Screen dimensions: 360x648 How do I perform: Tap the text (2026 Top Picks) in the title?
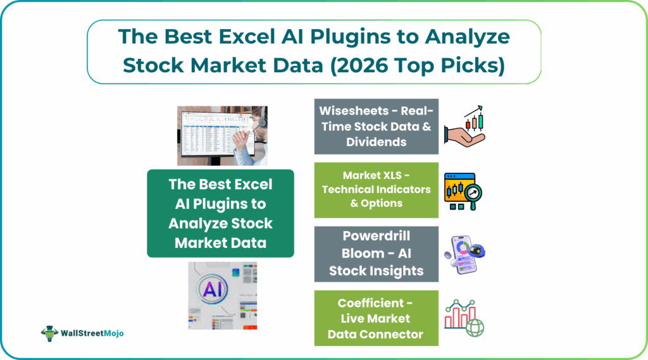[x=416, y=65]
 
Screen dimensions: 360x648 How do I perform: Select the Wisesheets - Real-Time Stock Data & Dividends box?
[x=376, y=126]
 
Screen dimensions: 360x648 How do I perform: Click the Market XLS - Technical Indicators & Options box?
[x=376, y=190]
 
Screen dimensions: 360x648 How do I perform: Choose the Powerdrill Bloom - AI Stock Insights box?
[x=376, y=254]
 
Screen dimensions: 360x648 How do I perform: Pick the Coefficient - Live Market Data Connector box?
[x=376, y=318]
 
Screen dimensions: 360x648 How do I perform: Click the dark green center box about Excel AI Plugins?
[x=220, y=213]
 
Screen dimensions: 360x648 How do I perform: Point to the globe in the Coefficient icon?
[x=475, y=328]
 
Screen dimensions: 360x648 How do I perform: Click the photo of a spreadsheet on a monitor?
[x=222, y=135]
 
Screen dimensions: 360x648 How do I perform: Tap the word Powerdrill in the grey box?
[x=377, y=236]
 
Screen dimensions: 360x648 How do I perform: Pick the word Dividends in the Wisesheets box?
[x=376, y=142]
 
